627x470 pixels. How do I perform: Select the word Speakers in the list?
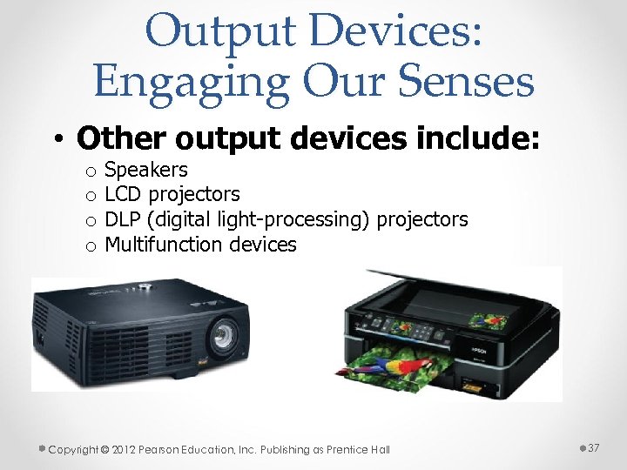click(x=145, y=170)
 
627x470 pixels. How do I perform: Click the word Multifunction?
click(x=165, y=245)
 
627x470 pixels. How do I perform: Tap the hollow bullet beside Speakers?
click(x=89, y=171)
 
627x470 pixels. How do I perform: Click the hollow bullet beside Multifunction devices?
click(x=89, y=246)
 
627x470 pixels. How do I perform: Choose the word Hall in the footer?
click(x=380, y=450)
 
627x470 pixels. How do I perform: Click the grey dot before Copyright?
click(x=42, y=448)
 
